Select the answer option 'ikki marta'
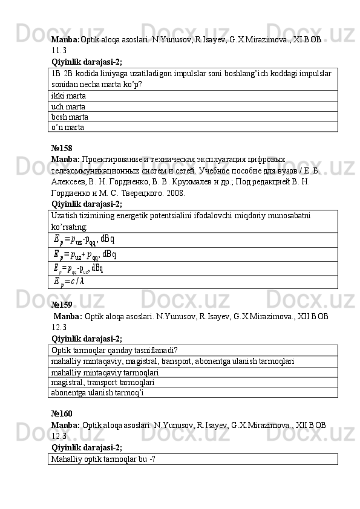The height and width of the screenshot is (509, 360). coord(68,96)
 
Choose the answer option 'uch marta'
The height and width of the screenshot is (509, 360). coord(68,106)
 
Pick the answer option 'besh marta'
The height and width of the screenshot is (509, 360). coord(70,117)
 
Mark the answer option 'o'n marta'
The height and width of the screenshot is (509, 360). coord(68,127)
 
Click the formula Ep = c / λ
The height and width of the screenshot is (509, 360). coord(68,282)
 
